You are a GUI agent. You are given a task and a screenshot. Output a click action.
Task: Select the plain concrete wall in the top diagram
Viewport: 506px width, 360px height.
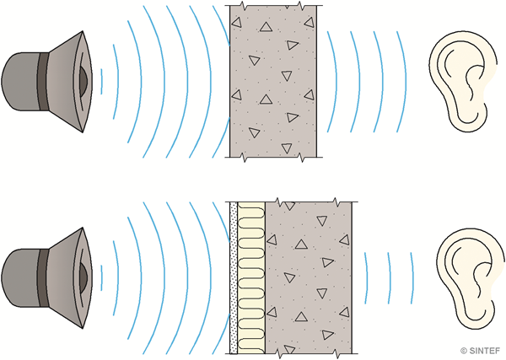tap(273, 81)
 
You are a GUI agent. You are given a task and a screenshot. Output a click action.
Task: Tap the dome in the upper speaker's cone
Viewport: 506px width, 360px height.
tap(81, 81)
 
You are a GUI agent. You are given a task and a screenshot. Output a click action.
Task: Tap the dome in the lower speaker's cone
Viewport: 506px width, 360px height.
tap(81, 270)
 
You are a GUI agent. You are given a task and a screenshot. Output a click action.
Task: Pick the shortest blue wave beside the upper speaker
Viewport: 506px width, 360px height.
tap(101, 81)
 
